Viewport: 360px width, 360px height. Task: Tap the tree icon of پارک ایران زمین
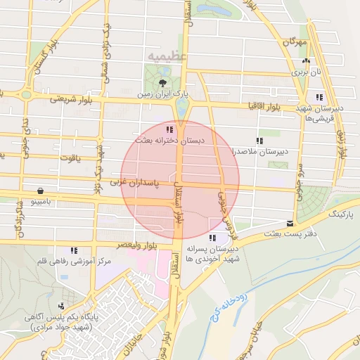(163, 83)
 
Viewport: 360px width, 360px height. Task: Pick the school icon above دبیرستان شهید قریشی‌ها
(320, 97)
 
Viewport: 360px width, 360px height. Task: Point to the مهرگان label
(295, 43)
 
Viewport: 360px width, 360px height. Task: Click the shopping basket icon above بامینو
(41, 191)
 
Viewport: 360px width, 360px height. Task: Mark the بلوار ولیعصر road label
(127, 245)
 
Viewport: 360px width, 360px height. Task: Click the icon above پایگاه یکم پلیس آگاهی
(62, 306)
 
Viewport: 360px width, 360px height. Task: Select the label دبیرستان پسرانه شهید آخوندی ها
(213, 253)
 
